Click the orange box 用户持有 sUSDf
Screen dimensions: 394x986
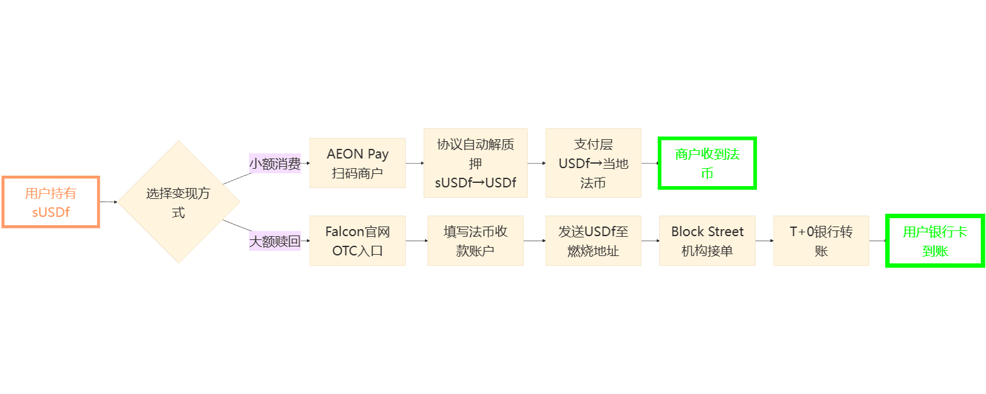click(x=51, y=201)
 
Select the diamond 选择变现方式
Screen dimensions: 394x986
click(x=178, y=201)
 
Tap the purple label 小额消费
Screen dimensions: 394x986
click(x=275, y=164)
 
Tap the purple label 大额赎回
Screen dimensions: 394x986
click(x=275, y=241)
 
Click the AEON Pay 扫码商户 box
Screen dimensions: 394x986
click(x=358, y=163)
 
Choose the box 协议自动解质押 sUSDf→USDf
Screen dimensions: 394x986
click(x=475, y=163)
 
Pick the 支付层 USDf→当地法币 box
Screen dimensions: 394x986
click(x=593, y=163)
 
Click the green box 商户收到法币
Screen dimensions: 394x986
click(x=707, y=163)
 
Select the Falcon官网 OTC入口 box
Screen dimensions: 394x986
click(x=358, y=241)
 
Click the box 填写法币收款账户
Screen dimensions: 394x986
click(x=475, y=241)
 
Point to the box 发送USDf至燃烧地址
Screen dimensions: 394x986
click(x=593, y=241)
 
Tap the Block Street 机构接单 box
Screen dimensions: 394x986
click(x=707, y=241)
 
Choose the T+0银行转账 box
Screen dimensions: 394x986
click(x=821, y=241)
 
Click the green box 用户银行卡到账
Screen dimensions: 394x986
click(x=935, y=241)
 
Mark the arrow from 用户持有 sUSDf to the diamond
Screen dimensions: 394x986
click(x=108, y=201)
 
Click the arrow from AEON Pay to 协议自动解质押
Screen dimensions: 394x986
click(x=415, y=163)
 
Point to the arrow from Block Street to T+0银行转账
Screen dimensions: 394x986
click(x=764, y=241)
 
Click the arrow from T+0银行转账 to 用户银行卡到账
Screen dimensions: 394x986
click(x=878, y=241)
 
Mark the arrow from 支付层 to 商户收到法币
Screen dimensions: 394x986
click(x=650, y=163)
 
